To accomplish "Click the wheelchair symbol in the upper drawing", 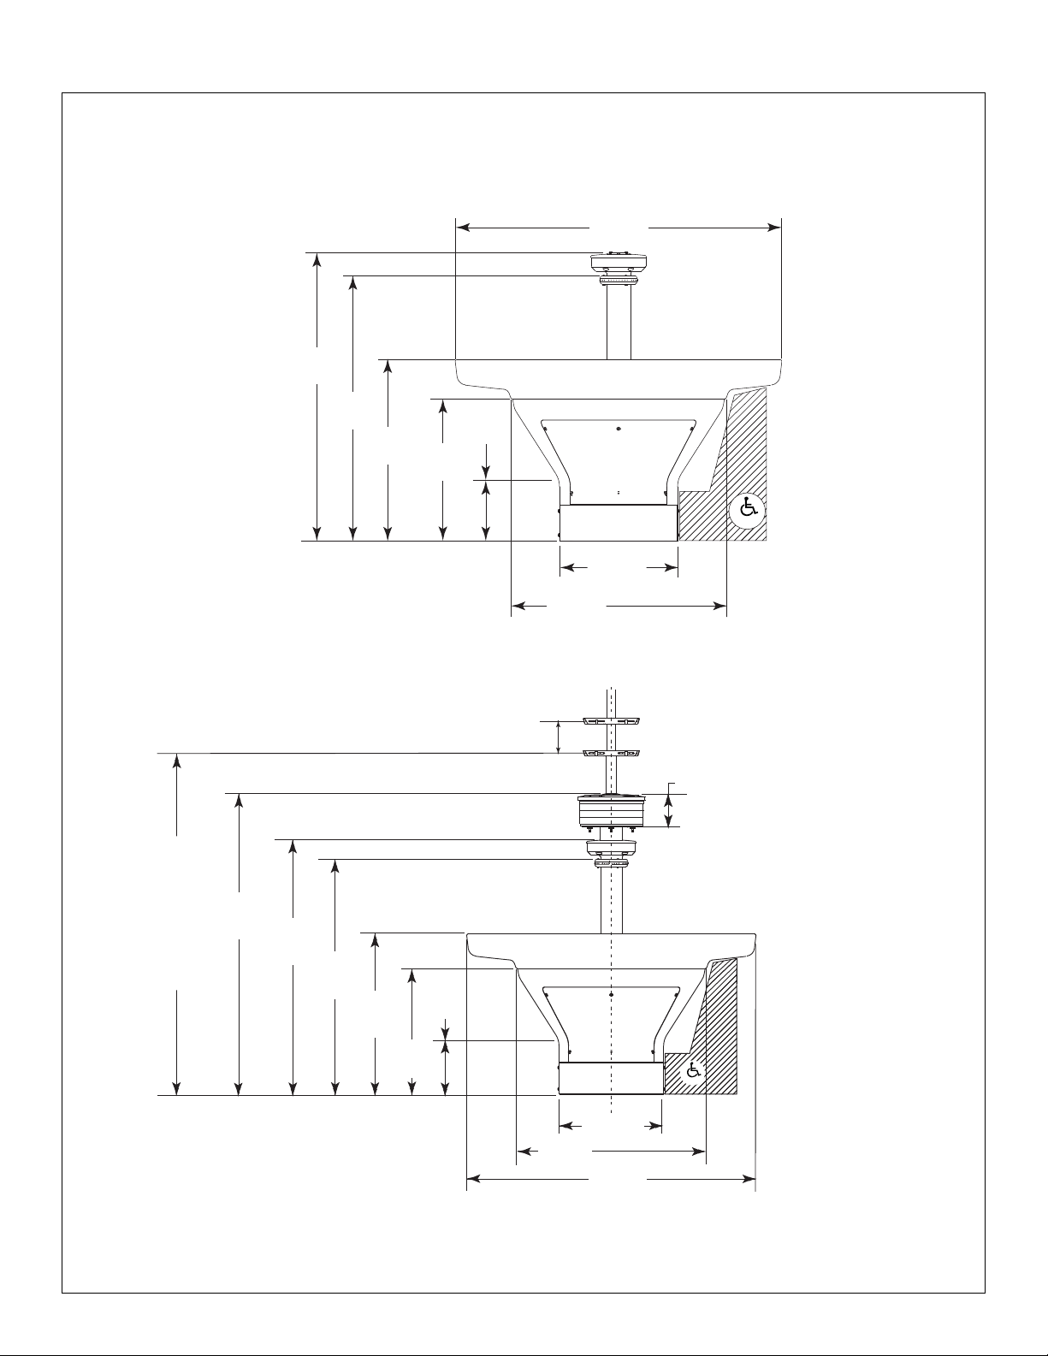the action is point(748,509).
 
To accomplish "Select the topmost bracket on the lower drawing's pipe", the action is point(612,721).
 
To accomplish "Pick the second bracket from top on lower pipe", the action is point(612,753).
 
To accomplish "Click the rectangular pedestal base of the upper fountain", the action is point(619,523).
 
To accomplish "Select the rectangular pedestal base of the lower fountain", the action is point(611,1078).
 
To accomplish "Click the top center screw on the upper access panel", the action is point(619,428).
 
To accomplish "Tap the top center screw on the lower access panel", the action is point(611,995).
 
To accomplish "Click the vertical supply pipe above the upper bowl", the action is point(619,323).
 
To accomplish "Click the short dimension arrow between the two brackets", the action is point(559,737).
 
